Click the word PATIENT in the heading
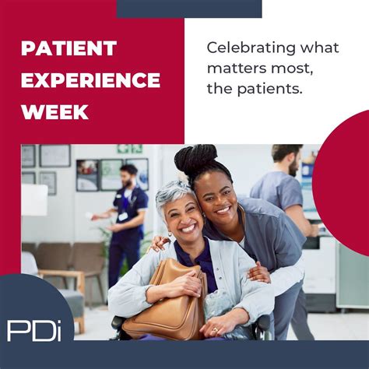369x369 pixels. pos(69,48)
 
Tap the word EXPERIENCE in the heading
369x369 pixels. pos(90,80)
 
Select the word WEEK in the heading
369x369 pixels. pos(54,112)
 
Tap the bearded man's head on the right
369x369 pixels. pos(290,159)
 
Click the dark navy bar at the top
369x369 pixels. pos(189,9)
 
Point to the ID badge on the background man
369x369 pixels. pos(122,216)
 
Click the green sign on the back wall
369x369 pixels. pos(130,149)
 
